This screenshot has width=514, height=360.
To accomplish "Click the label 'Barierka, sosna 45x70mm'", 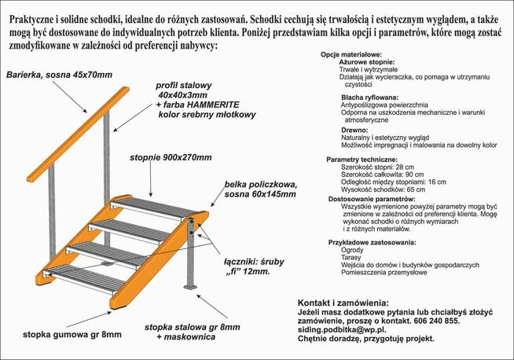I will click(59, 75).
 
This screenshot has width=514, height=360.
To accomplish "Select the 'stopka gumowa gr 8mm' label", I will click(72, 334).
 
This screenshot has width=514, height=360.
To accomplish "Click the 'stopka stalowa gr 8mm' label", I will click(190, 326).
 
